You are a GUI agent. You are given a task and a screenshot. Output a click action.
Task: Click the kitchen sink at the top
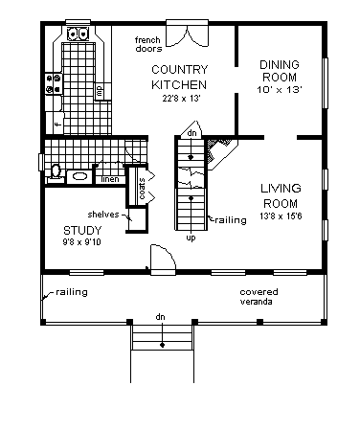pos(78,34)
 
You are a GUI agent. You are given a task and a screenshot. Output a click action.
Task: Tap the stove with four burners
pos(54,84)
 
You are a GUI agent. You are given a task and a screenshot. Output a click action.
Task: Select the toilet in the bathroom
pos(56,173)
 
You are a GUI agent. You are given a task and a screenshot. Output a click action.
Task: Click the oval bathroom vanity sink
pos(79,176)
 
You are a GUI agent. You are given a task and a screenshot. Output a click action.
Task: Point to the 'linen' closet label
pos(110,179)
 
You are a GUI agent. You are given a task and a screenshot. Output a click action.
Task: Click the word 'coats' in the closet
pos(142,189)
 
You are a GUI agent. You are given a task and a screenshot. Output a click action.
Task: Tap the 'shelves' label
pos(103,215)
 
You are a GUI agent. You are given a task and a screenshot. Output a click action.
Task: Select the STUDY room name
pos(82,230)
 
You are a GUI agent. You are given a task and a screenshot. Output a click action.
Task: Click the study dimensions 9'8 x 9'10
pos(81,242)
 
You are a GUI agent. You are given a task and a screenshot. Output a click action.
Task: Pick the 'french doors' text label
pos(148,44)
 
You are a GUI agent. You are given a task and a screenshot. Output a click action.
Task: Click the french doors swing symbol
pos(188,35)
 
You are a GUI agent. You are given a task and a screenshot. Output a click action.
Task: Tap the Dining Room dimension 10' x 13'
pos(280,89)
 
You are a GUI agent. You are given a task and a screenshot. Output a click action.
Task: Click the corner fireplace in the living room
pos(221,152)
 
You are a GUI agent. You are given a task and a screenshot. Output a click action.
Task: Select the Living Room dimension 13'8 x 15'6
pos(281,216)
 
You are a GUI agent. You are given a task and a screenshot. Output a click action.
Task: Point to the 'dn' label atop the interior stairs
pos(191,133)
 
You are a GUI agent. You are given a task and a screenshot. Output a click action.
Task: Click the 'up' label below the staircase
pos(191,238)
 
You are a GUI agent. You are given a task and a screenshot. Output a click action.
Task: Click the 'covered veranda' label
pos(259,297)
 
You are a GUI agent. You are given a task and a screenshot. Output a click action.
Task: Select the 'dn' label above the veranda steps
pos(160,317)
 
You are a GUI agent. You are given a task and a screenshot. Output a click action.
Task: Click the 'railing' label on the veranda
pos(72,292)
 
